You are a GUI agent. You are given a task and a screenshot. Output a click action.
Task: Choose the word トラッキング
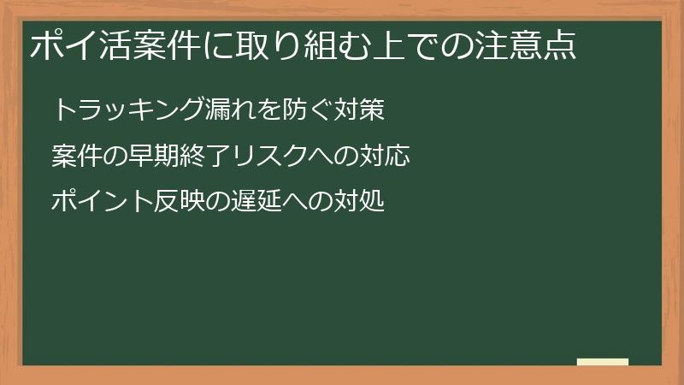pyautogui.click(x=128, y=110)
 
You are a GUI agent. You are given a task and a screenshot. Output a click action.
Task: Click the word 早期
pyautogui.click(x=150, y=157)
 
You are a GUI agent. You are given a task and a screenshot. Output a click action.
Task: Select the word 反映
pyautogui.click(x=176, y=203)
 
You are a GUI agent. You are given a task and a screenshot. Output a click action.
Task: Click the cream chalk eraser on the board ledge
pyautogui.click(x=603, y=362)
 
